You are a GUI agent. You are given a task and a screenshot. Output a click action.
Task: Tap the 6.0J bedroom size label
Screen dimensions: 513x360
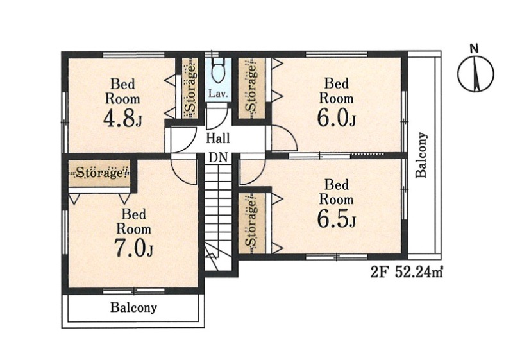(337, 118)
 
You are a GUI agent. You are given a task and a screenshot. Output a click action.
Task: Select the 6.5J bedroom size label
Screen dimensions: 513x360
(337, 219)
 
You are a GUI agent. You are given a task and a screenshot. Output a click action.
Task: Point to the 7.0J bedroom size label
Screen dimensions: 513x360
(134, 248)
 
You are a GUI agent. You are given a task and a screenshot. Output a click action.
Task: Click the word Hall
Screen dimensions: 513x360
(218, 138)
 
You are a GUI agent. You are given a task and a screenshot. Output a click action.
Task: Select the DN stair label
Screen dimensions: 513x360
(218, 158)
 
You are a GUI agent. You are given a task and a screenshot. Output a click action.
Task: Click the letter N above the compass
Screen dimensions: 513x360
(474, 49)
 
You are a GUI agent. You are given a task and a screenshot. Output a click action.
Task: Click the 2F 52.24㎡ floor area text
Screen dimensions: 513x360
(407, 272)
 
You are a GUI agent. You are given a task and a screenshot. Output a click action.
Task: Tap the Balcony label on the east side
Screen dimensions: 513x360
(422, 155)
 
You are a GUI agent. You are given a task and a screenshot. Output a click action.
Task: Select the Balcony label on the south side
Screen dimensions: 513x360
(133, 307)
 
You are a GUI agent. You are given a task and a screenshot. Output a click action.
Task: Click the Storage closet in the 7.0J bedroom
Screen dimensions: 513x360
(100, 173)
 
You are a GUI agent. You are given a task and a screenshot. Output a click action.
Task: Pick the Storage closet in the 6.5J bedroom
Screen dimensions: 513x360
(251, 223)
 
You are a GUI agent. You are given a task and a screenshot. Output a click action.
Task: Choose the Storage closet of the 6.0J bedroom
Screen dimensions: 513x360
(251, 89)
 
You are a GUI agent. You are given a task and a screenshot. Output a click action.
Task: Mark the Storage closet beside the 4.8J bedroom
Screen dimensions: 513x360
(190, 89)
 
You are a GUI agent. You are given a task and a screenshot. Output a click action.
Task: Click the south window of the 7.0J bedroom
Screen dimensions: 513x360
(134, 291)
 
